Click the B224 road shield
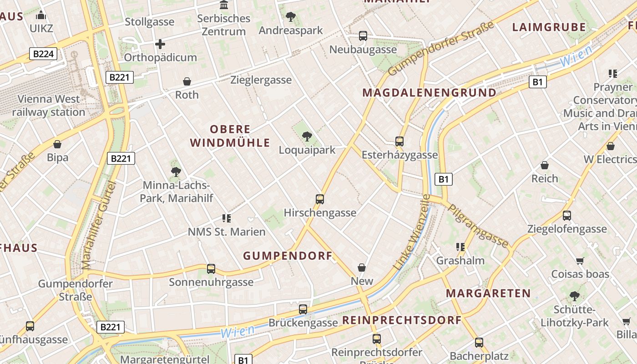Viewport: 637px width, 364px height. click(44, 54)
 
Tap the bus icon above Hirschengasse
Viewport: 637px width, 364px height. click(320, 199)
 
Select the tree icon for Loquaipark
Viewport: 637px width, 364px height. click(307, 136)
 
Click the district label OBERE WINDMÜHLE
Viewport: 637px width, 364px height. click(230, 136)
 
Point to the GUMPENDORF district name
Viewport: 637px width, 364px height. click(288, 256)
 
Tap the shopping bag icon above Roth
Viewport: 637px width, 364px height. click(187, 81)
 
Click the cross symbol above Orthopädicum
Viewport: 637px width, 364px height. click(160, 44)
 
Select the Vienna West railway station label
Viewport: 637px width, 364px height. click(49, 106)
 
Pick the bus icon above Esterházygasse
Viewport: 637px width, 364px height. click(399, 142)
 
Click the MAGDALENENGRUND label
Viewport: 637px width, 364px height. click(430, 93)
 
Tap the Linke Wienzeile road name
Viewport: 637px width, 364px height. click(413, 232)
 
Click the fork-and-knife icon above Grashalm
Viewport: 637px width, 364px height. click(460, 247)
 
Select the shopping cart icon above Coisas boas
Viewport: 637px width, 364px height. click(580, 261)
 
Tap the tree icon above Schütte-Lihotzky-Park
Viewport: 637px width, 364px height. click(575, 296)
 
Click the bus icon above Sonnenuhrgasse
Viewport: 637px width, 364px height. click(211, 269)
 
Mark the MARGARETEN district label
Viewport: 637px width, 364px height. click(489, 293)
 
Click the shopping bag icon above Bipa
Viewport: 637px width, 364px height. click(57, 144)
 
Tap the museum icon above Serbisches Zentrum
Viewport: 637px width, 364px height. click(224, 5)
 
